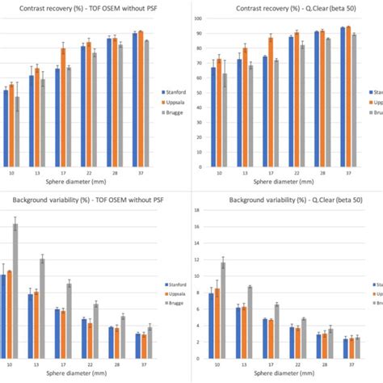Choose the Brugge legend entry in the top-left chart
172,113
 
